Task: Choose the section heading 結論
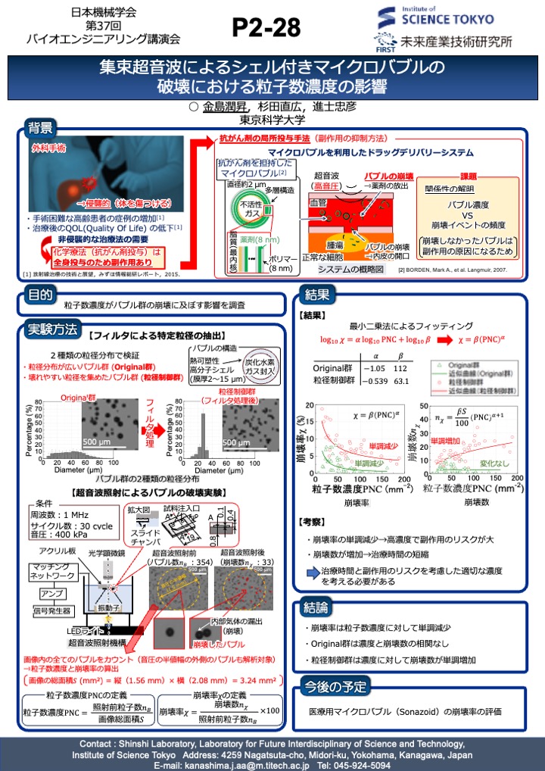click(x=316, y=607)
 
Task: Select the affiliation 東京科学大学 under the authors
click(x=272, y=119)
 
